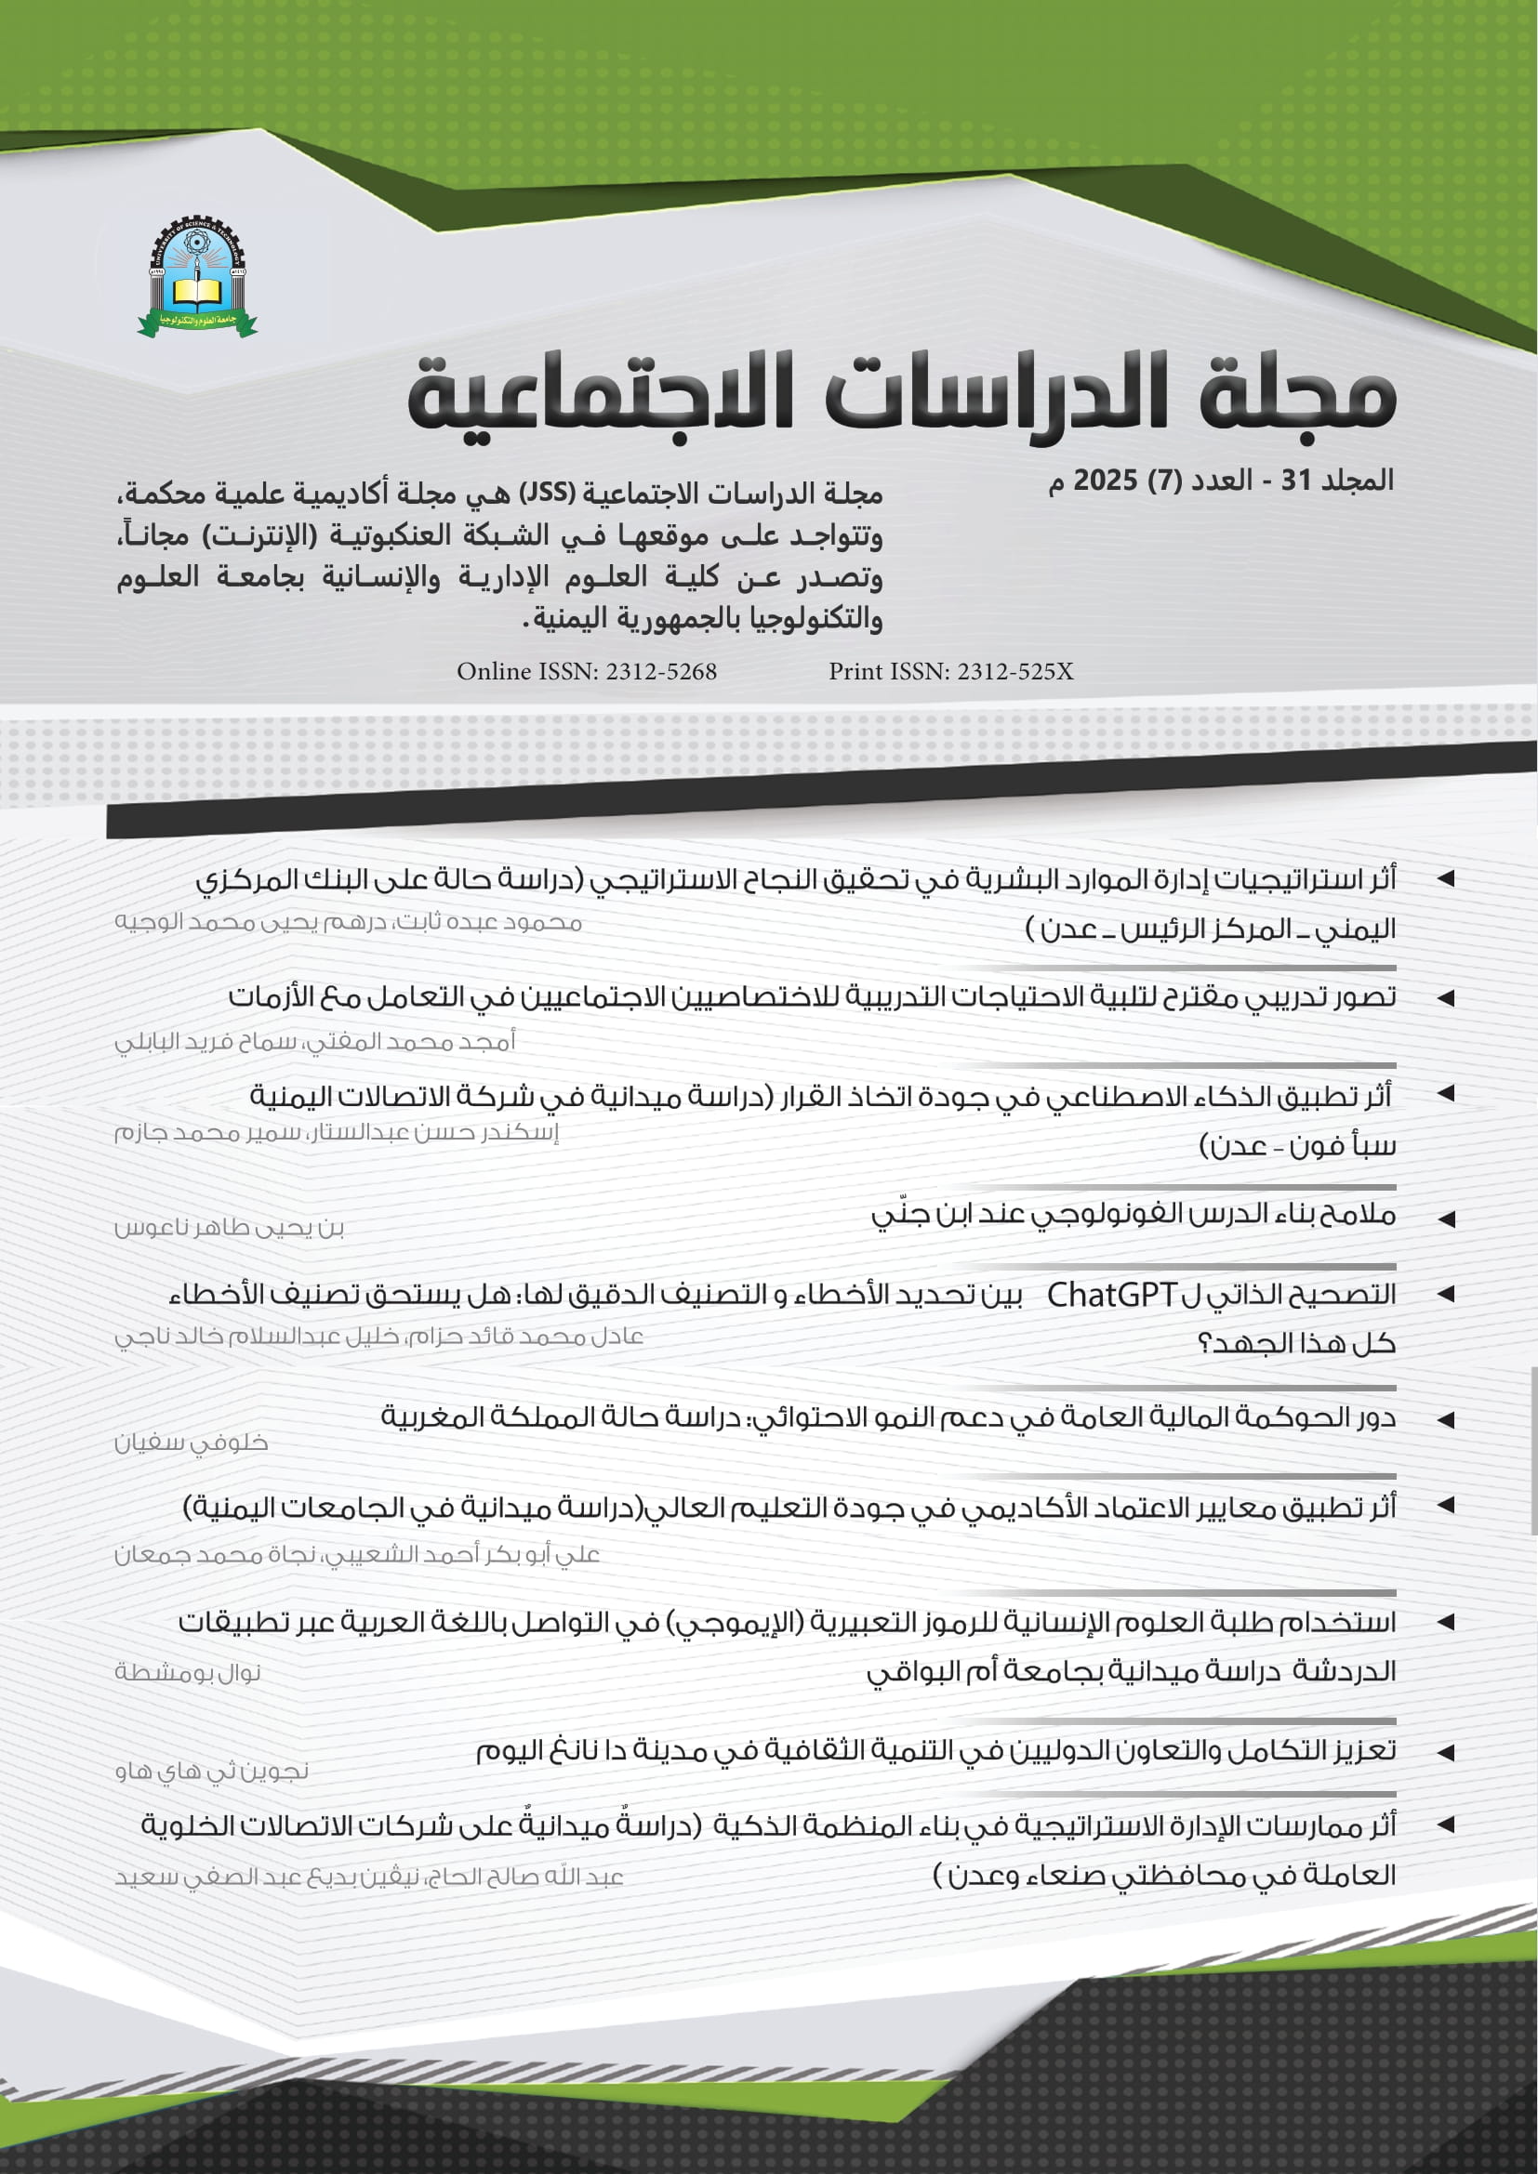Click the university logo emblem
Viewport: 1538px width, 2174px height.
tap(197, 276)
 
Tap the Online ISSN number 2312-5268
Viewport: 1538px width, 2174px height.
tap(661, 671)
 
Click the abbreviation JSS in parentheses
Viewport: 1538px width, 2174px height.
tap(548, 494)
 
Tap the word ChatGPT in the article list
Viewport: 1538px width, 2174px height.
tap(1111, 1295)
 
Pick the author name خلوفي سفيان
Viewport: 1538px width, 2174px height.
tap(192, 1443)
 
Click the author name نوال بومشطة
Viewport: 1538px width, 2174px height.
tap(188, 1672)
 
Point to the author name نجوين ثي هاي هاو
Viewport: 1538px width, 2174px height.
tap(212, 1771)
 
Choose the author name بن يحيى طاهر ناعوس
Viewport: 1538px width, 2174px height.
tap(229, 1229)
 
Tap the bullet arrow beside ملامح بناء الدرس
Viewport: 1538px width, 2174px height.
tap(1445, 1219)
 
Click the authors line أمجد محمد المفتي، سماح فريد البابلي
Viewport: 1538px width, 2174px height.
tap(314, 1043)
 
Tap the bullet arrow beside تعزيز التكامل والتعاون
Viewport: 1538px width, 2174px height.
tap(1445, 1753)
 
